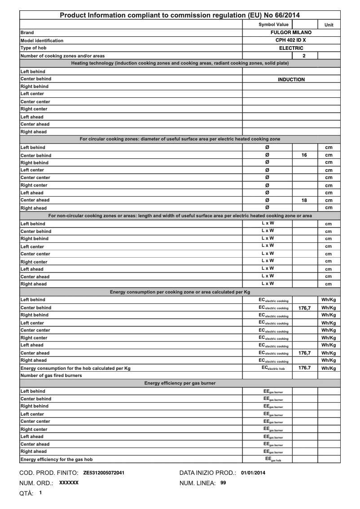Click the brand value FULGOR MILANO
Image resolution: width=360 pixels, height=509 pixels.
pos(291,33)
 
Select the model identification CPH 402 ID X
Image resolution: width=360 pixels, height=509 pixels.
pos(291,40)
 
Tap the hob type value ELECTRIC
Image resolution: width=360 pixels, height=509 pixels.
pos(291,48)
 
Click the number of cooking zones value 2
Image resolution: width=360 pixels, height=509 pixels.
pos(304,56)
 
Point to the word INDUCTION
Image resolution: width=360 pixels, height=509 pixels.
pos(291,79)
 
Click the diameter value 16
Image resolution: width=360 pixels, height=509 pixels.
pos(304,155)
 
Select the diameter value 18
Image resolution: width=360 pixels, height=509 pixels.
pos(304,200)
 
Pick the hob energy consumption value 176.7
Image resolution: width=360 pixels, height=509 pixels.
pos(304,368)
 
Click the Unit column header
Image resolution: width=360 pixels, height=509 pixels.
pos(329,25)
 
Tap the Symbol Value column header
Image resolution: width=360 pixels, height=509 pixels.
pos(273,24)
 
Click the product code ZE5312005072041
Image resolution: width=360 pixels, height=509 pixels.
pos(104,473)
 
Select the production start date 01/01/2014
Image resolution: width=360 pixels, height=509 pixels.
pos(253,473)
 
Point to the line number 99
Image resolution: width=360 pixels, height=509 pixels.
pos(223,483)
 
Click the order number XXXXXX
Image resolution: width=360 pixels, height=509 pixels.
pos(69,483)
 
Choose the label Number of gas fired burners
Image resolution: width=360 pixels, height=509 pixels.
pos(51,376)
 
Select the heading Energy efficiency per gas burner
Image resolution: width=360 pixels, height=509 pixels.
pos(180,383)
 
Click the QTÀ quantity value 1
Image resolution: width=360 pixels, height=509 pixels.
pos(40,493)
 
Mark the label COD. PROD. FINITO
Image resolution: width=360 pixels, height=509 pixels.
pos(48,473)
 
